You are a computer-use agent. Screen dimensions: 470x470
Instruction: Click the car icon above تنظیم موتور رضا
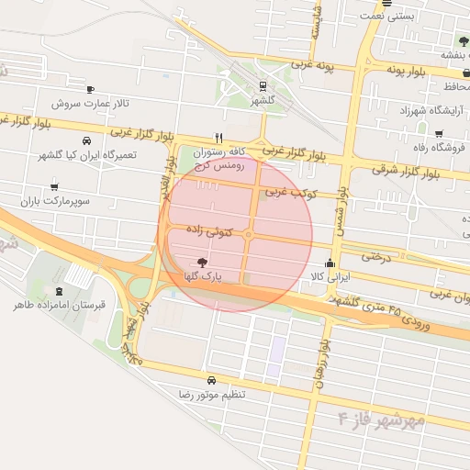click(x=212, y=380)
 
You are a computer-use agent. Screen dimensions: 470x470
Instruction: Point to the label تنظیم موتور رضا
click(x=212, y=394)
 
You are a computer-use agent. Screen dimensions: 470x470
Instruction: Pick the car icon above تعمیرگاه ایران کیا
click(x=86, y=142)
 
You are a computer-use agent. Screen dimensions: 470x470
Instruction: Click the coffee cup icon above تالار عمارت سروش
click(x=90, y=89)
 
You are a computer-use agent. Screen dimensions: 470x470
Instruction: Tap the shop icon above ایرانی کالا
click(x=330, y=263)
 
